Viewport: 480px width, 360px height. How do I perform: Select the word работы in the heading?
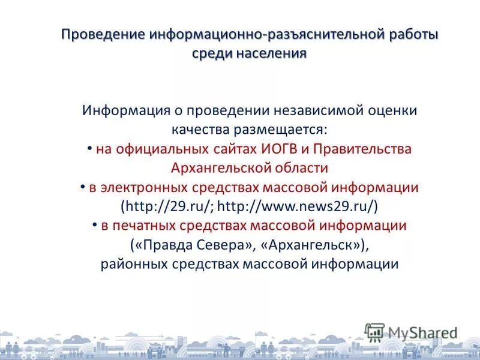click(x=412, y=34)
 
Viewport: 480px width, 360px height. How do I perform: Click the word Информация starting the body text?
click(x=124, y=111)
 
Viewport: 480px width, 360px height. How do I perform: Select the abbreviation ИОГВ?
click(x=281, y=149)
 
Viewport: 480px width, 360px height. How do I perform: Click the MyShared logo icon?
click(x=375, y=332)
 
